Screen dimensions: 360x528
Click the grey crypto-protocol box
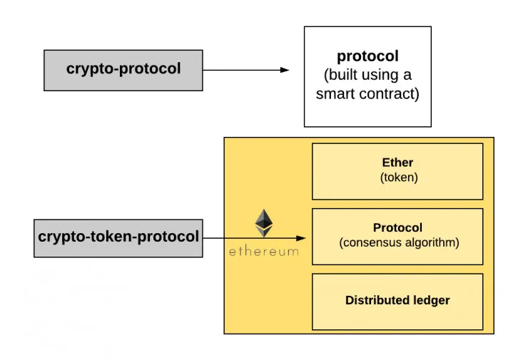click(x=123, y=70)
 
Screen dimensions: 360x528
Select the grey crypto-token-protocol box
click(x=118, y=237)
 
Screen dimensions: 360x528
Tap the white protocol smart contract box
click(x=367, y=76)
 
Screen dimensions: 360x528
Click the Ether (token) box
click(x=397, y=171)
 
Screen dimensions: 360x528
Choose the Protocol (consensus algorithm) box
click(x=397, y=236)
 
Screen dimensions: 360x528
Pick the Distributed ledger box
click(x=397, y=301)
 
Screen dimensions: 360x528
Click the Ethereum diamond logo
click(x=264, y=223)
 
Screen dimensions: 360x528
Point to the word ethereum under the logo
click(x=264, y=252)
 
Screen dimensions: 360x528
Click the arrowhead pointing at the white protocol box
click(x=285, y=70)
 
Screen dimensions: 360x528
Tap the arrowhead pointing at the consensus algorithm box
click(x=301, y=238)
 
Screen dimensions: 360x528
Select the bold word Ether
click(x=397, y=163)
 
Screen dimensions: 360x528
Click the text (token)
click(x=398, y=178)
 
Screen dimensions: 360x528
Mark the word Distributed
click(x=375, y=300)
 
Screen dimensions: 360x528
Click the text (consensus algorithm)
click(x=398, y=243)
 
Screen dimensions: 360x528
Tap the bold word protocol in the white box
click(x=367, y=56)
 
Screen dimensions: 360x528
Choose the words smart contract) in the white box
click(x=367, y=94)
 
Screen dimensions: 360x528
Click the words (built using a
click(x=367, y=76)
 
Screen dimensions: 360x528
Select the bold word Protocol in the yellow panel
click(x=397, y=228)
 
